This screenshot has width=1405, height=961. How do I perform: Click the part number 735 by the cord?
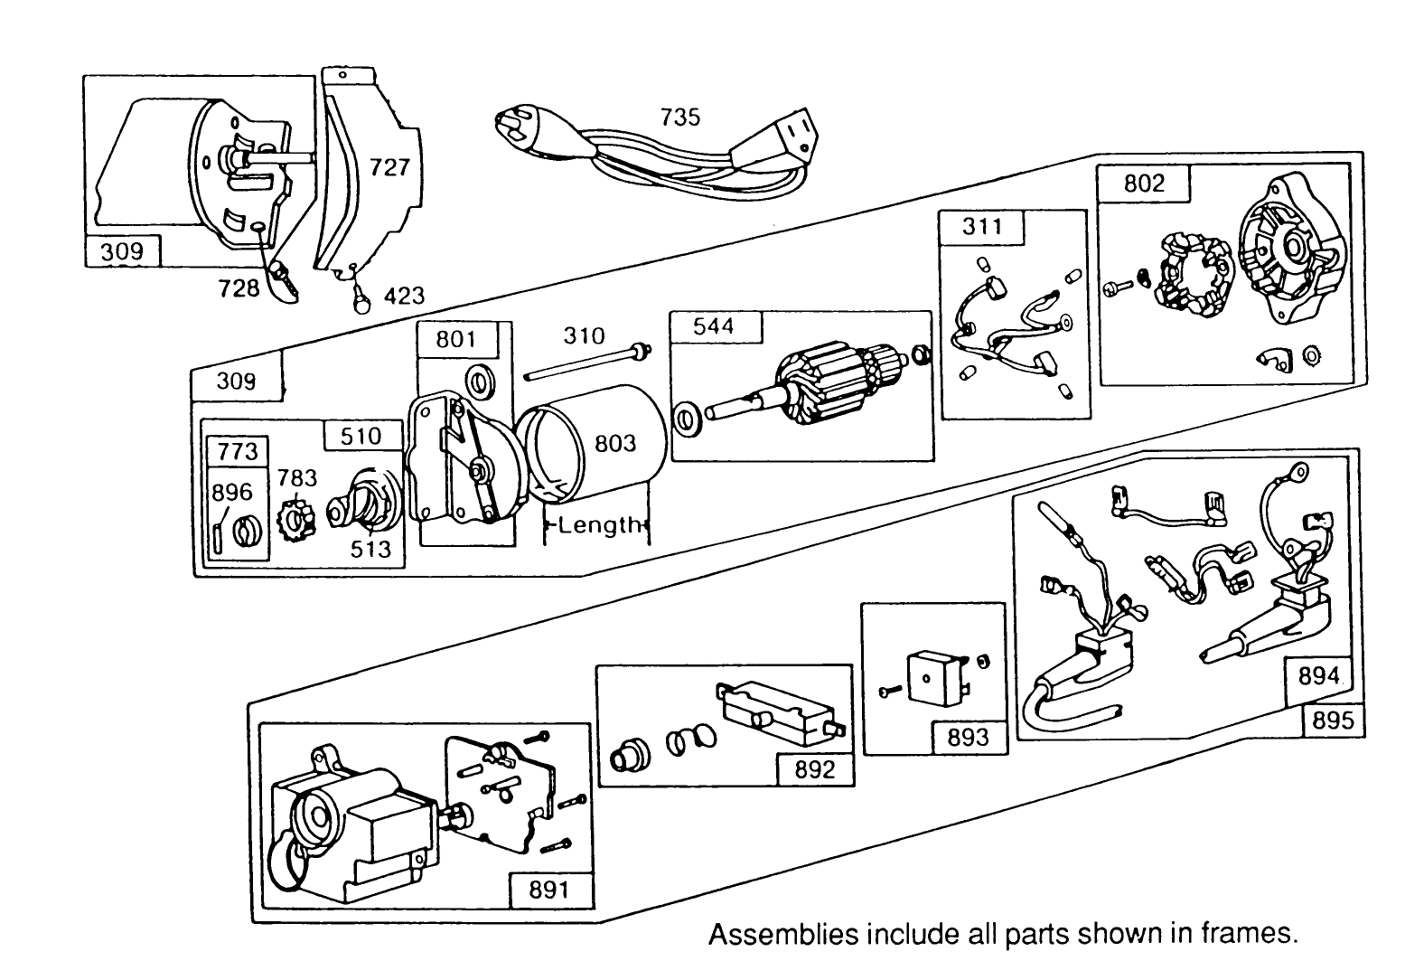[679, 118]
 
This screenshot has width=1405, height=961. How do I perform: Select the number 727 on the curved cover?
[389, 167]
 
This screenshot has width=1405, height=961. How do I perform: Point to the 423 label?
[404, 296]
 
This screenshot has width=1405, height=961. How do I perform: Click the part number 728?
[239, 288]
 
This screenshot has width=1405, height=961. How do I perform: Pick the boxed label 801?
[456, 340]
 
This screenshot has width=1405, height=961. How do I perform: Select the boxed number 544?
[715, 327]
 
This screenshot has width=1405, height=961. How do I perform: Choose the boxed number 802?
[1144, 184]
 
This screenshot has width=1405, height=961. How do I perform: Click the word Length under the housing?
[599, 525]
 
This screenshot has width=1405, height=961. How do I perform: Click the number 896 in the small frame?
[232, 493]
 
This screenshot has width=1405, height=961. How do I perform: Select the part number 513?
[371, 549]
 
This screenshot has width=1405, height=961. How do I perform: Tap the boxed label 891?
[548, 890]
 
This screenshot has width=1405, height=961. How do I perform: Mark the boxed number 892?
[814, 770]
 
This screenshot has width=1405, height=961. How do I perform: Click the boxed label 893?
[968, 738]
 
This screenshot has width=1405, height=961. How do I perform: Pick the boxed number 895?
[1333, 721]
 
